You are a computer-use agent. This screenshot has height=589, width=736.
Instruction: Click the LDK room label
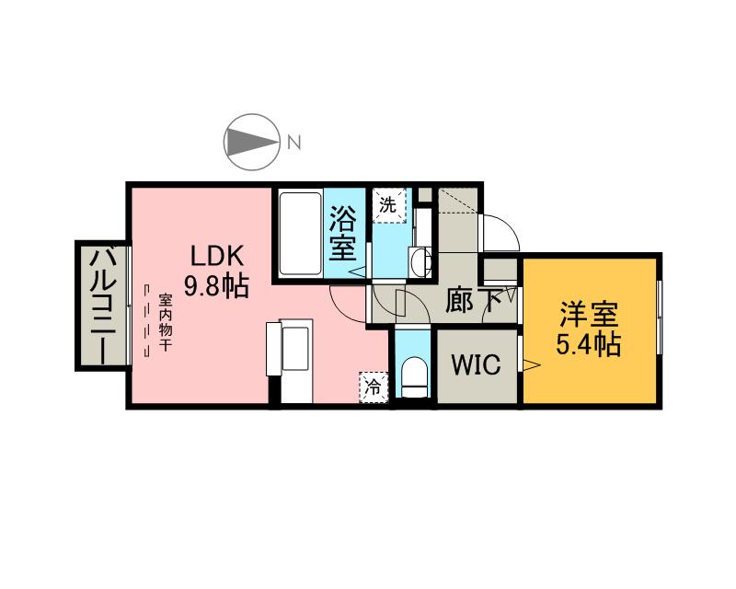tap(217, 255)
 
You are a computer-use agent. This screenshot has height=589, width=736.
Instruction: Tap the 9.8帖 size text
tap(217, 285)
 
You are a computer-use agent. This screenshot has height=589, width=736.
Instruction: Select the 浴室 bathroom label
tap(344, 233)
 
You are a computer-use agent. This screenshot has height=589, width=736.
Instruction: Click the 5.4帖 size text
tap(589, 345)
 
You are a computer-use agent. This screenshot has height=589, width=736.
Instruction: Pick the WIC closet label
tap(475, 365)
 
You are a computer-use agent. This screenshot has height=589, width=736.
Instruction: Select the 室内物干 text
tap(166, 323)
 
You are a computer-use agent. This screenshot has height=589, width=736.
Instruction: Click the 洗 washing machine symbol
tap(388, 205)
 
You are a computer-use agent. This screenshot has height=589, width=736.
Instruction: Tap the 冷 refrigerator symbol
tap(373, 387)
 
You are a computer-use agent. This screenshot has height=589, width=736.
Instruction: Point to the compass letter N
tap(293, 142)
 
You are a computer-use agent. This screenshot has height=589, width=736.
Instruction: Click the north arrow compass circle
tap(251, 142)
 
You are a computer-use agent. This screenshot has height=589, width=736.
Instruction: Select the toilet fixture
tap(415, 377)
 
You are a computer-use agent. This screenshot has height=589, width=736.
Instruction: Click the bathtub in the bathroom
tap(300, 233)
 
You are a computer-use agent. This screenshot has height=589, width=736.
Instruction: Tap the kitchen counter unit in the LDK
tap(294, 359)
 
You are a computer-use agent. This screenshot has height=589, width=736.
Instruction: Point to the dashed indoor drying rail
tap(146, 323)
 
